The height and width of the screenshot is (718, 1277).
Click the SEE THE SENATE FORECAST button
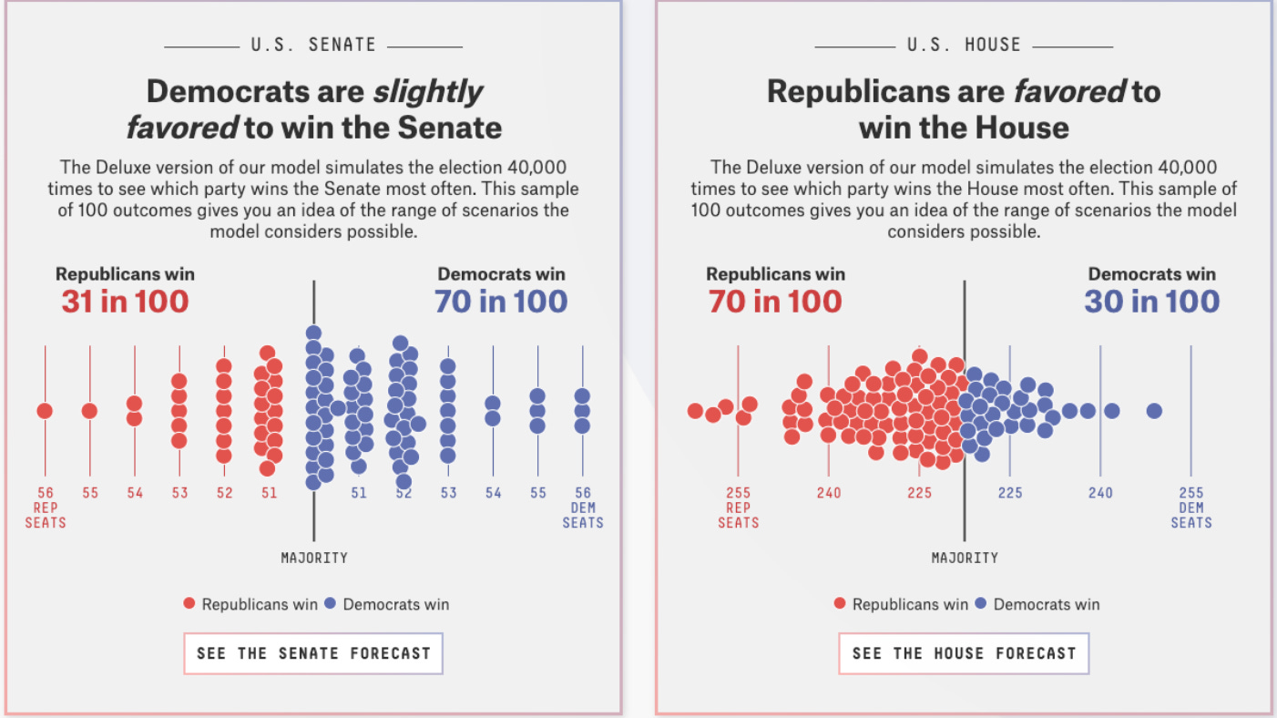pyautogui.click(x=313, y=653)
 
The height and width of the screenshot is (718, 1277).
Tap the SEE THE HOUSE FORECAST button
pyautogui.click(x=964, y=653)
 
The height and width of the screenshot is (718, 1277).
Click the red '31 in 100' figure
pyautogui.click(x=125, y=301)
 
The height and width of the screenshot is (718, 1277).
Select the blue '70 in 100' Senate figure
pyautogui.click(x=501, y=301)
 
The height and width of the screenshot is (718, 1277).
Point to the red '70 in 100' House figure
pyautogui.click(x=775, y=301)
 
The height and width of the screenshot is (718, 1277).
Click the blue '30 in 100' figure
pyautogui.click(x=1151, y=301)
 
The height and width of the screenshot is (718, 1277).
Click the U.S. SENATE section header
pyautogui.click(x=313, y=45)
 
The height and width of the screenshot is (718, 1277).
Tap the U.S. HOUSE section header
pyautogui.click(x=964, y=45)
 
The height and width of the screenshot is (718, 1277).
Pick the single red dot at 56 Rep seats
pyautogui.click(x=45, y=411)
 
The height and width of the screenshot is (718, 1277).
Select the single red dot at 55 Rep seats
pyautogui.click(x=89, y=411)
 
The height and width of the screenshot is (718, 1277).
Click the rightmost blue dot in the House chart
pyautogui.click(x=1154, y=411)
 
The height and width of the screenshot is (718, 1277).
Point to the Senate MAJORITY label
pyautogui.click(x=314, y=558)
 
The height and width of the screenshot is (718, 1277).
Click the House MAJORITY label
pyautogui.click(x=965, y=558)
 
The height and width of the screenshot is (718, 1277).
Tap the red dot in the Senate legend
pyautogui.click(x=189, y=603)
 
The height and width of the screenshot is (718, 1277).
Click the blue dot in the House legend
pyautogui.click(x=981, y=603)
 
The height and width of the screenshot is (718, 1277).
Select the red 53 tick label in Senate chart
pyautogui.click(x=179, y=493)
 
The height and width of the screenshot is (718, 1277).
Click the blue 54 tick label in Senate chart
pyautogui.click(x=493, y=493)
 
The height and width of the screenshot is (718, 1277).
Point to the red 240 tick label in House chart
pyautogui.click(x=828, y=493)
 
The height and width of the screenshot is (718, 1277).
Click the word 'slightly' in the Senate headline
pyautogui.click(x=427, y=92)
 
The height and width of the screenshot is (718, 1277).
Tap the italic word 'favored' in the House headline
pyautogui.click(x=1069, y=91)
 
